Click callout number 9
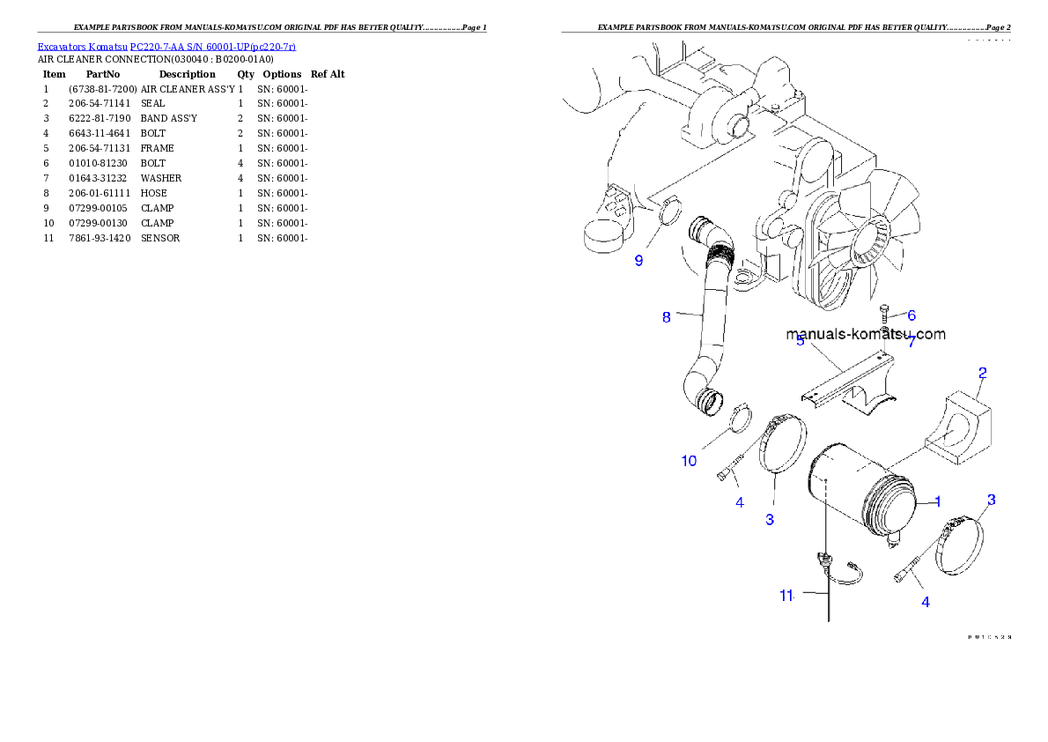[x=639, y=261]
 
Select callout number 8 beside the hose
[x=667, y=317]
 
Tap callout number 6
[x=911, y=315]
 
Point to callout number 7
[x=911, y=342]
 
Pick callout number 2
[x=982, y=373]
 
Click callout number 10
[x=689, y=461]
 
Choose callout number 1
[x=938, y=501]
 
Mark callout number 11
[x=786, y=595]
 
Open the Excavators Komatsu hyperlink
[x=166, y=46]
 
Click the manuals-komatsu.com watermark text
[x=866, y=334]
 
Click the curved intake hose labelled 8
[x=713, y=317]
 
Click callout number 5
[x=800, y=341]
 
